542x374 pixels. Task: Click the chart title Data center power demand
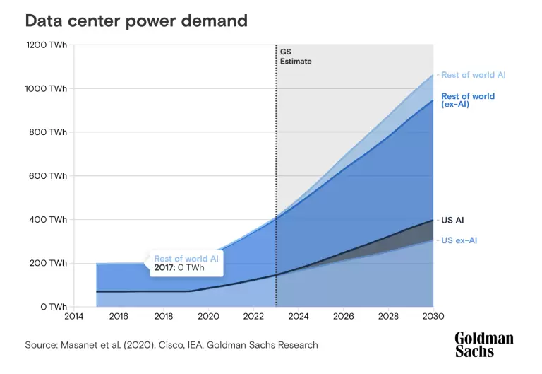[136, 21]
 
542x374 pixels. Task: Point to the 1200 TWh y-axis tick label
[47, 45]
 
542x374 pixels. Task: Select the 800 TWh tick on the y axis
[49, 132]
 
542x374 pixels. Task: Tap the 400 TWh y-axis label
[49, 220]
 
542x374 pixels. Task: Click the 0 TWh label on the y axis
[54, 307]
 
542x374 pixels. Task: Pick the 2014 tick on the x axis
[74, 317]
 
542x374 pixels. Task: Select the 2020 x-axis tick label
[209, 317]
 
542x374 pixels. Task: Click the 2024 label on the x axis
[299, 317]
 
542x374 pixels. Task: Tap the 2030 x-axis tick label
[433, 317]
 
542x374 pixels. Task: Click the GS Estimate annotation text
[295, 57]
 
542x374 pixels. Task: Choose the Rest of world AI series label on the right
[473, 74]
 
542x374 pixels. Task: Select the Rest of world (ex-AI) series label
[468, 100]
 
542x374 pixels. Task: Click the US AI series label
[452, 221]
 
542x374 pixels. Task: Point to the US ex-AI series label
[459, 240]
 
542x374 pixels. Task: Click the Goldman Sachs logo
[483, 344]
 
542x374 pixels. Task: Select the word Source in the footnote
[40, 345]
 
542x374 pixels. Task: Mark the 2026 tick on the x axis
[344, 317]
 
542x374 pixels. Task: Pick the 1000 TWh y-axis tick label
[47, 88]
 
